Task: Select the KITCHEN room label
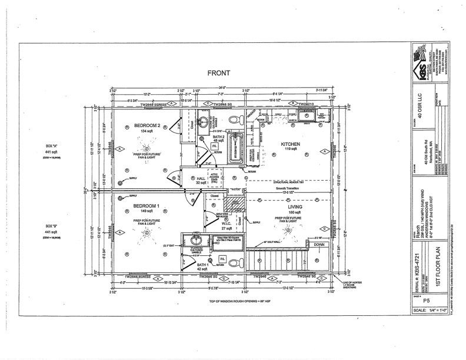(x=292, y=144)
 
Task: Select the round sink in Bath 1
(x=192, y=241)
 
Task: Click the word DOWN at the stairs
(x=319, y=244)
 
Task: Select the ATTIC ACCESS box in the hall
(x=214, y=177)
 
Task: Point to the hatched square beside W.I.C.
(x=238, y=202)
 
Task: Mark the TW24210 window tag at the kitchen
(x=308, y=104)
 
